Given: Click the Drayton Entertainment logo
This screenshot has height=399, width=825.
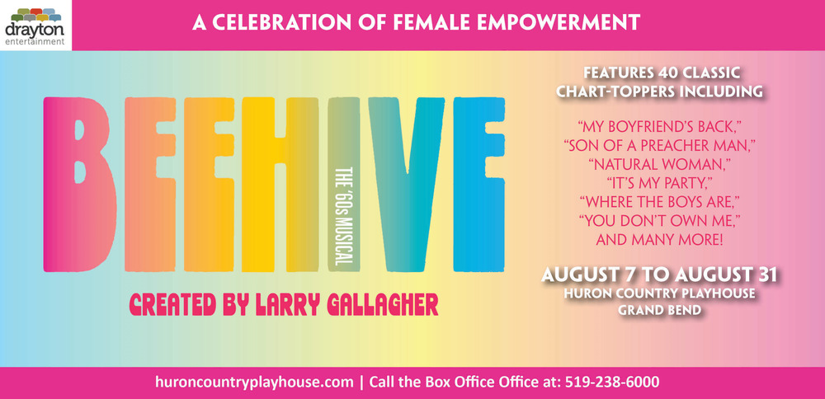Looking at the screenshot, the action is point(35,26).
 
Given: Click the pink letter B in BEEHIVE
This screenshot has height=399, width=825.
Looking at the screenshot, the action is point(80,185).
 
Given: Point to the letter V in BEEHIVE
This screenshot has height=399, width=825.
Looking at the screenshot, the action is point(407,185).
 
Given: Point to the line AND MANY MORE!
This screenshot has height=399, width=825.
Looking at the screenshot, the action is point(659,240).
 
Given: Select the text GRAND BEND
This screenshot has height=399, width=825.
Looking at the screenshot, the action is point(659,310).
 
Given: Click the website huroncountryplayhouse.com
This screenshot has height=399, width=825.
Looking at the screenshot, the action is point(255,383).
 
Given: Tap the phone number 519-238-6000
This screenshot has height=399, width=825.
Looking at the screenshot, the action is point(612,382).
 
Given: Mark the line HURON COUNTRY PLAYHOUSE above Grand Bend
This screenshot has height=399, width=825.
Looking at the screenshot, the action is point(659,293).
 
